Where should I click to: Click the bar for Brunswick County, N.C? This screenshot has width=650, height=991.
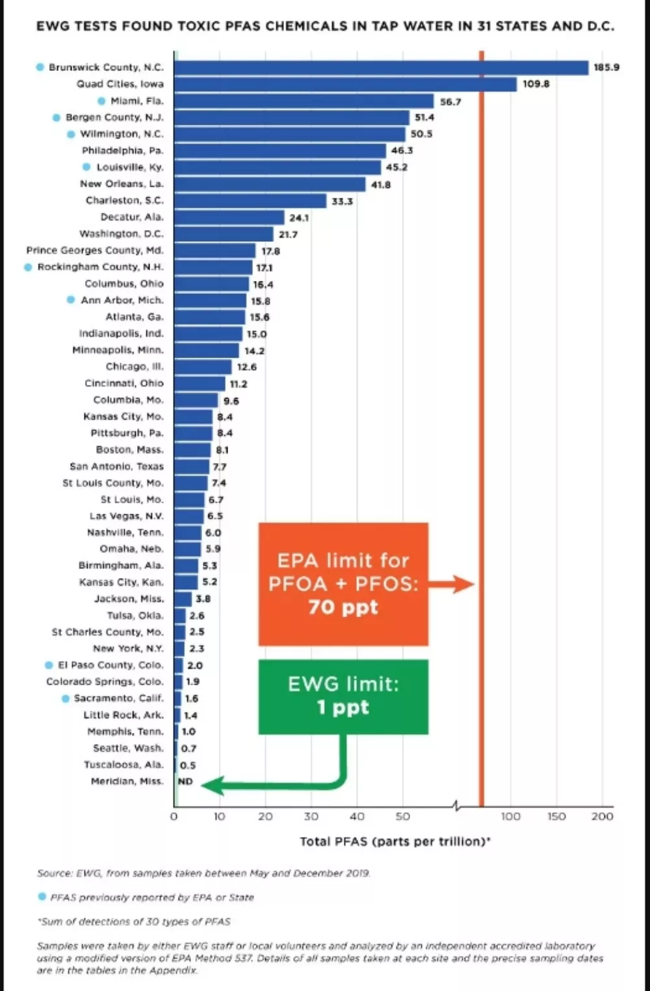[381, 68]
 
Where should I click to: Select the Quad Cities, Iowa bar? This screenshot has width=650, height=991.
[345, 84]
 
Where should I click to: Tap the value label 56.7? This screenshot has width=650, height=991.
[450, 101]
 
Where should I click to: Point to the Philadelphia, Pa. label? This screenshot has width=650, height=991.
[122, 151]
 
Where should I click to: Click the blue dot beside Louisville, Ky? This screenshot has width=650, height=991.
[87, 166]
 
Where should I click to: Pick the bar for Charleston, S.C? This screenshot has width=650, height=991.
[250, 200]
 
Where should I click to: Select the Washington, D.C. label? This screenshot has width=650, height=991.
[121, 233]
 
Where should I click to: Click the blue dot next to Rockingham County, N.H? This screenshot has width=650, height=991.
[28, 267]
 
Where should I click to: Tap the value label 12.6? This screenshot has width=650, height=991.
[247, 367]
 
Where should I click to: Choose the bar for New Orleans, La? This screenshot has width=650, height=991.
[270, 184]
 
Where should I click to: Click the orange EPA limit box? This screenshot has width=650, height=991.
[344, 584]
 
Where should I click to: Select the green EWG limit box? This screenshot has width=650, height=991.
[344, 697]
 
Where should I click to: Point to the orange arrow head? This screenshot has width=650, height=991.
[464, 585]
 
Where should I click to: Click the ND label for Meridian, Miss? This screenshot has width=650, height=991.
[185, 782]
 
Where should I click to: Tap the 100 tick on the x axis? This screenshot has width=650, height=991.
[510, 817]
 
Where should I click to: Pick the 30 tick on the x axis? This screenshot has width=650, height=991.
[311, 817]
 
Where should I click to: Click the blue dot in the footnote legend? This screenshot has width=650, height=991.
[42, 897]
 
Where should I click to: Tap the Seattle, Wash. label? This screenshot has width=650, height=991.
[128, 748]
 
